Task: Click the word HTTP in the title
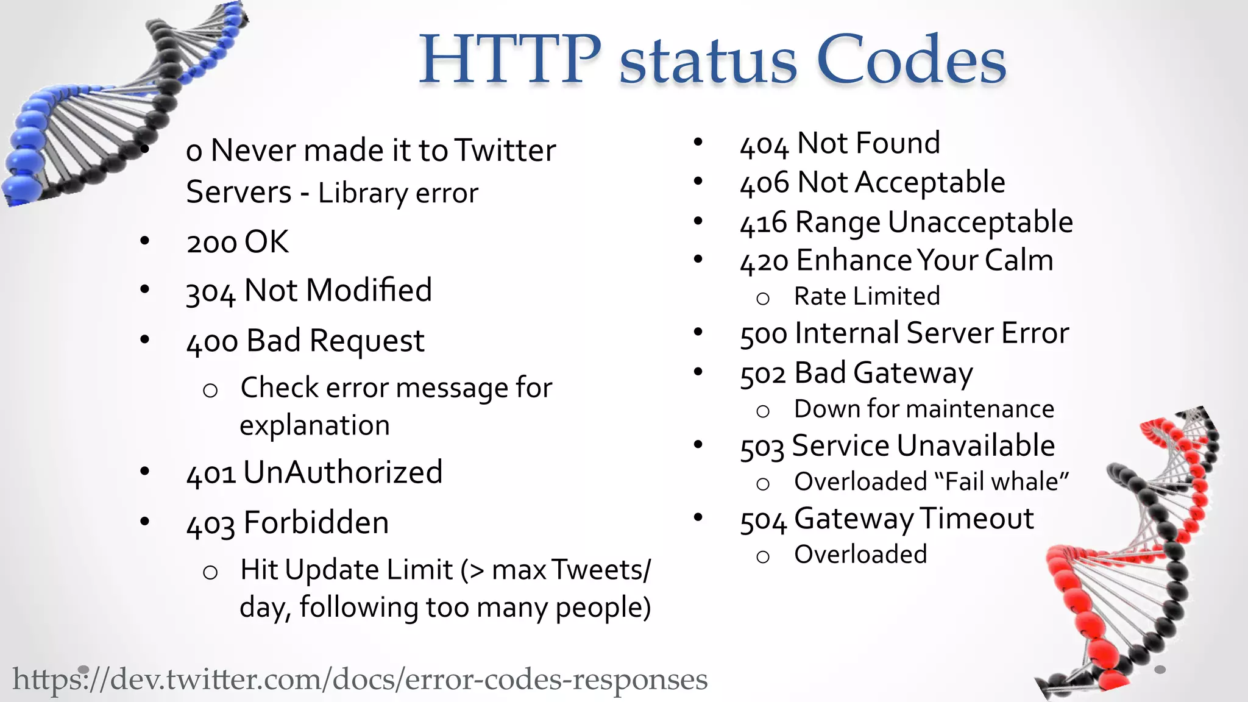click(x=509, y=60)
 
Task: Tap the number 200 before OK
click(x=211, y=243)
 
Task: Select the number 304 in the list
click(x=210, y=292)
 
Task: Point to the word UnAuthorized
click(x=343, y=472)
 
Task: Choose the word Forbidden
click(x=316, y=523)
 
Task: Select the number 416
click(x=764, y=224)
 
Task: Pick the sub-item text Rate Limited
click(x=867, y=297)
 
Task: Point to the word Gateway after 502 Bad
click(x=913, y=374)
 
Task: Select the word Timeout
click(x=976, y=519)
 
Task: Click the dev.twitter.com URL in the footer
click(x=360, y=679)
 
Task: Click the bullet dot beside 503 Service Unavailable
click(x=698, y=444)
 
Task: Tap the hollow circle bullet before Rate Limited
click(x=762, y=299)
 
